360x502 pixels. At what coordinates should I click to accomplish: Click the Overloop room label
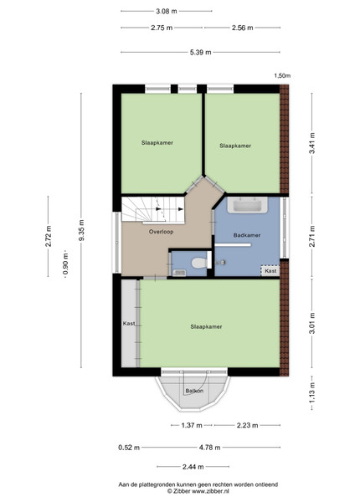point(161,232)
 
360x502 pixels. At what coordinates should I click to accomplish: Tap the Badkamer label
point(247,235)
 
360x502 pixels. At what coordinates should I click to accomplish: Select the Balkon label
point(194,391)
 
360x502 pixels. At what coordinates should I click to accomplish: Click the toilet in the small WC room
point(199,264)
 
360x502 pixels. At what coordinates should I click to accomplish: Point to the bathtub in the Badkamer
point(247,205)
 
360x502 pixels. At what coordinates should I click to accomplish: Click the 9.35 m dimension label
point(82,230)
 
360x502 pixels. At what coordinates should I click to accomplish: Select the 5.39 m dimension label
point(200,52)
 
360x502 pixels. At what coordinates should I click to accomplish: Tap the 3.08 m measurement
point(167,11)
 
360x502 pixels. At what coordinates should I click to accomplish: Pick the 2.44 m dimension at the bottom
point(193,467)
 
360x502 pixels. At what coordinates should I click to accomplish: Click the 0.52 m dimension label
point(129,448)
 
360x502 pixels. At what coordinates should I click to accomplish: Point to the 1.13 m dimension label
point(312,392)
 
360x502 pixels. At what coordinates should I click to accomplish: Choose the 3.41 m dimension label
point(312,143)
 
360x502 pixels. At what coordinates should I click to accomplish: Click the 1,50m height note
point(282,76)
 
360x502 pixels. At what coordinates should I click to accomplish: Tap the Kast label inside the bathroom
point(270,271)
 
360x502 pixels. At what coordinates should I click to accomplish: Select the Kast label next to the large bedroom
point(129,324)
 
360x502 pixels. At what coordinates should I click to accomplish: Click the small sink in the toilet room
point(179,273)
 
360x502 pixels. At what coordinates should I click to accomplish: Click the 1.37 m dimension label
point(192,425)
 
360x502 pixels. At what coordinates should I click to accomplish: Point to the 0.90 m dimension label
point(65,264)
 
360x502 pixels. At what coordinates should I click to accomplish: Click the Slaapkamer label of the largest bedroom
point(206,326)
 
